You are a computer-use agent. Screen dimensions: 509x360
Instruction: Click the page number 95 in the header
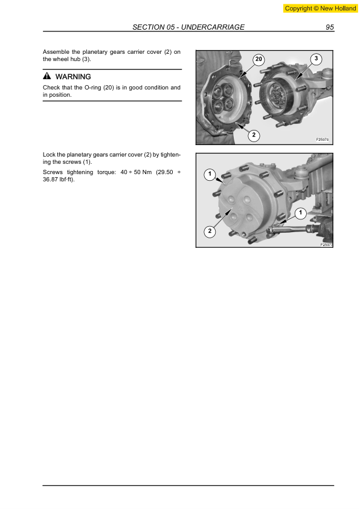[x=330, y=27]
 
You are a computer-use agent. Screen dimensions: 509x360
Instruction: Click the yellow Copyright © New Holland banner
[x=320, y=8]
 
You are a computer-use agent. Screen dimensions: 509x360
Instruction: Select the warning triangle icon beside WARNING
[x=47, y=77]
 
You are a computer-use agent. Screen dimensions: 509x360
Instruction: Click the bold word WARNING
[x=73, y=77]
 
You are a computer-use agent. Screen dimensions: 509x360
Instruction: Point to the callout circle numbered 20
[x=259, y=59]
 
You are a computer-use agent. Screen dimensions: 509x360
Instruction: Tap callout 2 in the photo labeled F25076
[x=254, y=135]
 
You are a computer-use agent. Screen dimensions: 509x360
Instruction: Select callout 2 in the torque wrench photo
[x=209, y=232]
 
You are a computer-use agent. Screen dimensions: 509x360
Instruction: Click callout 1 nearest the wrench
[x=300, y=212]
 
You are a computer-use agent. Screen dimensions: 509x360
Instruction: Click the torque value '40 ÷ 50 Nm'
[x=132, y=172]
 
